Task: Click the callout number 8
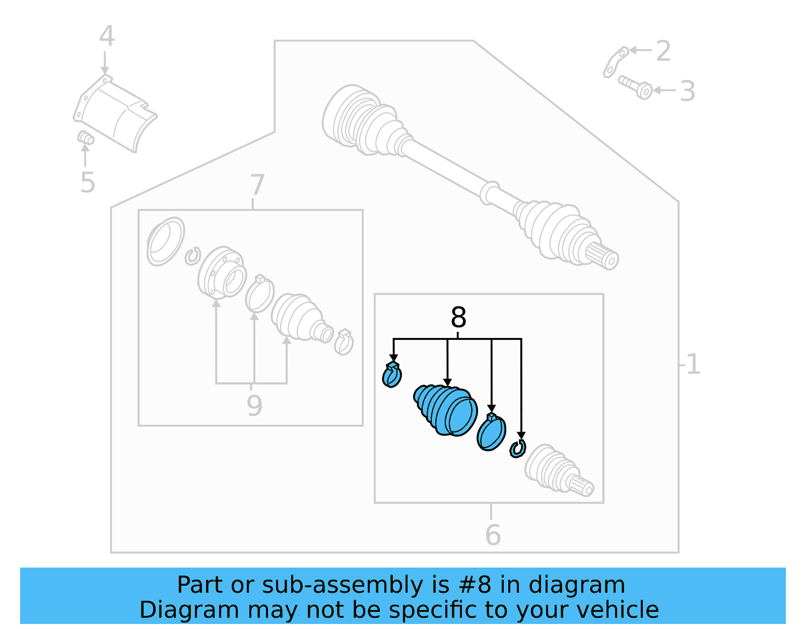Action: pyautogui.click(x=458, y=318)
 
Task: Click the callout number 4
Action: pyautogui.click(x=107, y=36)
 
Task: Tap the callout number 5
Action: pyautogui.click(x=87, y=182)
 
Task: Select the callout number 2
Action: pyautogui.click(x=663, y=51)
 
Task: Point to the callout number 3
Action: pyautogui.click(x=687, y=91)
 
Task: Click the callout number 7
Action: pyautogui.click(x=257, y=185)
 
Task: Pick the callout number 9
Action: pyautogui.click(x=254, y=405)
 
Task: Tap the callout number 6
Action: pyautogui.click(x=493, y=535)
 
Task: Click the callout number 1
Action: pyautogui.click(x=693, y=364)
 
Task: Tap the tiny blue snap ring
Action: pyautogui.click(x=517, y=448)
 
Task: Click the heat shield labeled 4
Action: pyautogui.click(x=115, y=113)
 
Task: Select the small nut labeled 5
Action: pyautogui.click(x=85, y=137)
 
